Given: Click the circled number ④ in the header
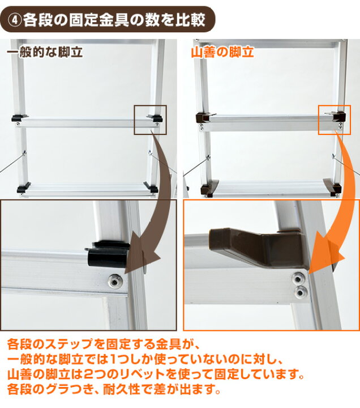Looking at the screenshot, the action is (x=15, y=20).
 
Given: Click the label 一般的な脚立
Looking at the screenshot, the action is (x=45, y=52).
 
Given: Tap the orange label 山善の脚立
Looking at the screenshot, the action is (x=222, y=52).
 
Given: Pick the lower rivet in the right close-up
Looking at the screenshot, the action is (x=301, y=293).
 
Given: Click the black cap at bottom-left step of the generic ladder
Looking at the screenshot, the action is (x=23, y=188).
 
